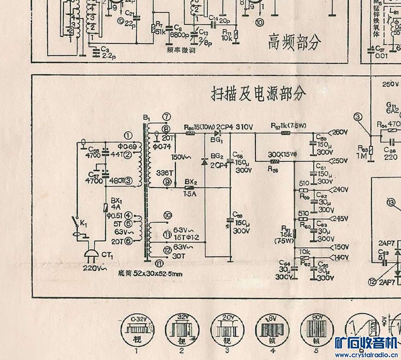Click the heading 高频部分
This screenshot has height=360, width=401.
[x=294, y=41]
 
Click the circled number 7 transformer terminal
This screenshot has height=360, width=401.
[x=167, y=116]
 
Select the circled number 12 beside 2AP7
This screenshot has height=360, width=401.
[x=373, y=281]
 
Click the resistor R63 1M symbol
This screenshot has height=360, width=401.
[x=371, y=150]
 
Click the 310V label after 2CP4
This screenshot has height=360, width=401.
[x=244, y=127]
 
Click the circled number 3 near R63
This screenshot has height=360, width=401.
[x=358, y=116]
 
